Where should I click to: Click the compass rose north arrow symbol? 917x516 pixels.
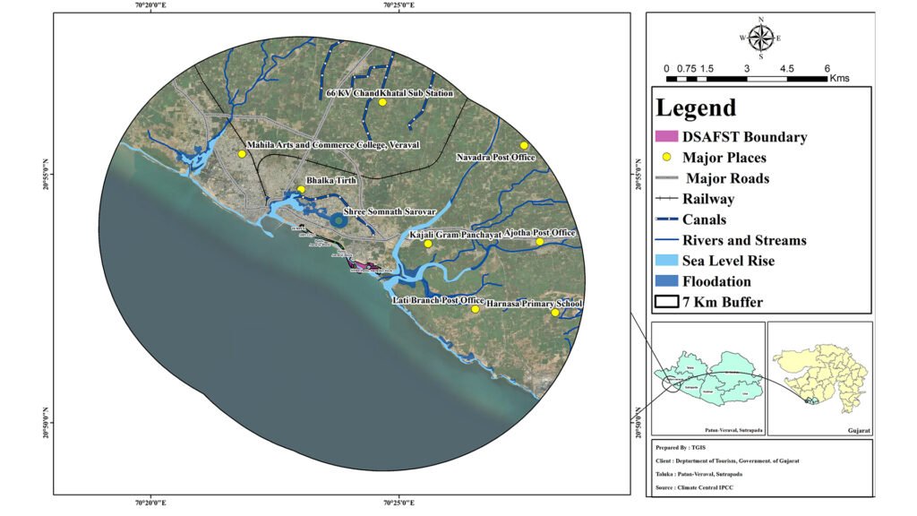click(x=761, y=37)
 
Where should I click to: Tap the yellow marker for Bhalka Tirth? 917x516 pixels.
click(x=301, y=189)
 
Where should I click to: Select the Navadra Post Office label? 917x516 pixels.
click(x=495, y=158)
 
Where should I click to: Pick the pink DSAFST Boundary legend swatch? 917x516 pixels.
click(x=666, y=137)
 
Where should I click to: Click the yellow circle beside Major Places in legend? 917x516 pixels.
click(x=666, y=158)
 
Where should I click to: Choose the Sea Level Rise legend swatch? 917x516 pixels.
click(x=666, y=261)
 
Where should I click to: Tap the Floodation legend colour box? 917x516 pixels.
click(x=666, y=281)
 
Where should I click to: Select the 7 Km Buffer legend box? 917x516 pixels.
click(x=666, y=302)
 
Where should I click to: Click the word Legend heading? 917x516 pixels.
click(x=696, y=108)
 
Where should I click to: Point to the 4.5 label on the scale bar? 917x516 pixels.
click(x=786, y=68)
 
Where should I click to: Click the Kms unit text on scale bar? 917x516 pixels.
click(x=838, y=79)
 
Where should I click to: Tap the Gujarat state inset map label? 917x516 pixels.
click(x=859, y=431)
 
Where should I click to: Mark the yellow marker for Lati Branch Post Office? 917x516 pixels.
click(x=475, y=309)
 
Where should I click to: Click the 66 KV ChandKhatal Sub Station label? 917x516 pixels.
click(x=390, y=93)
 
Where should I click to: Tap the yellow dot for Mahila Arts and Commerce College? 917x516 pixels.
click(x=242, y=154)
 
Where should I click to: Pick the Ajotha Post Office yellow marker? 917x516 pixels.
click(x=540, y=242)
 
